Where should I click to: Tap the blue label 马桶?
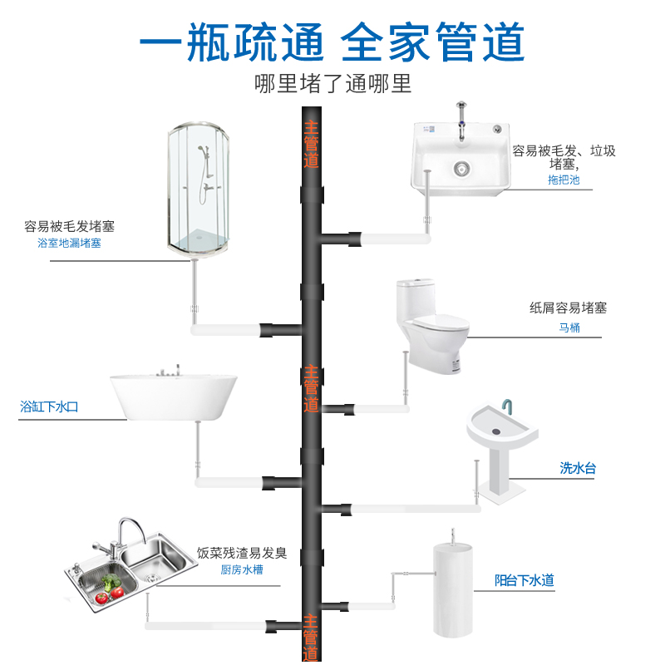pyautogui.click(x=569, y=328)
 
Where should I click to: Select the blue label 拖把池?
pyautogui.click(x=563, y=180)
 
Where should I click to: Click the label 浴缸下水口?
pyautogui.click(x=49, y=407)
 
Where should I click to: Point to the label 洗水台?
pyautogui.click(x=578, y=468)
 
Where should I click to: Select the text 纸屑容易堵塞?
pyautogui.click(x=569, y=308)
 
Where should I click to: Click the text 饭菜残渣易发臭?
pyautogui.click(x=242, y=553)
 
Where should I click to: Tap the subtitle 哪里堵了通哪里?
pyautogui.click(x=332, y=84)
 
